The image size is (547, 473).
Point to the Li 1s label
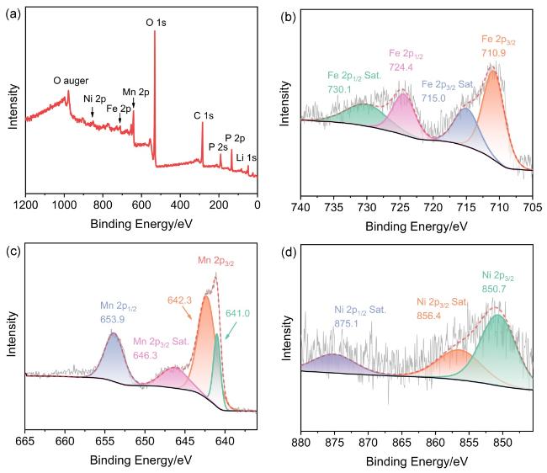(x=247, y=157)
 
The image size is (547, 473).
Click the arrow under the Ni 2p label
(x=93, y=112)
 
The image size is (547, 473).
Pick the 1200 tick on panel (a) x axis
(x=26, y=203)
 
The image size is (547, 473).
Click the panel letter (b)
(x=288, y=14)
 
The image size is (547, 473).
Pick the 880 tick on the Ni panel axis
(x=301, y=440)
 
